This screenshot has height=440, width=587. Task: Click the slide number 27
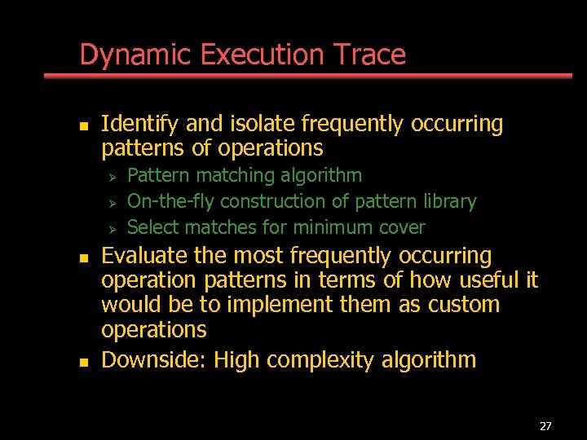tap(545, 426)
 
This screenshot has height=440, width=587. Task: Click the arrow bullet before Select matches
tap(113, 228)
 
